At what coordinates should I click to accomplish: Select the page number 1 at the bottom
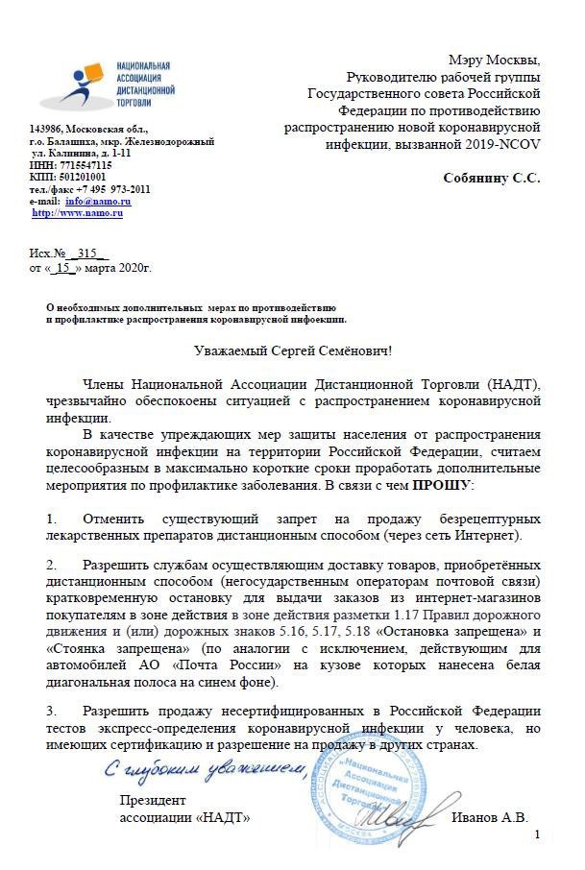(x=537, y=837)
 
